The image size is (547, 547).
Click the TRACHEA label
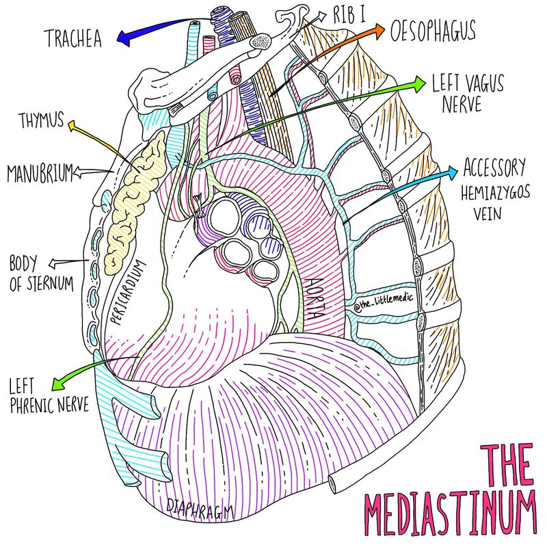(x=73, y=38)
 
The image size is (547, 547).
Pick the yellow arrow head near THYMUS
(x=70, y=125)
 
